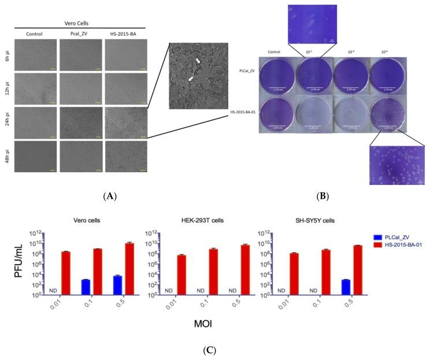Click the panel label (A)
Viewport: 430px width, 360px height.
click(x=108, y=196)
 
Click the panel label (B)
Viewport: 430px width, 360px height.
click(x=324, y=196)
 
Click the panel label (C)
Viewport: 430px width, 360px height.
click(x=215, y=350)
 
